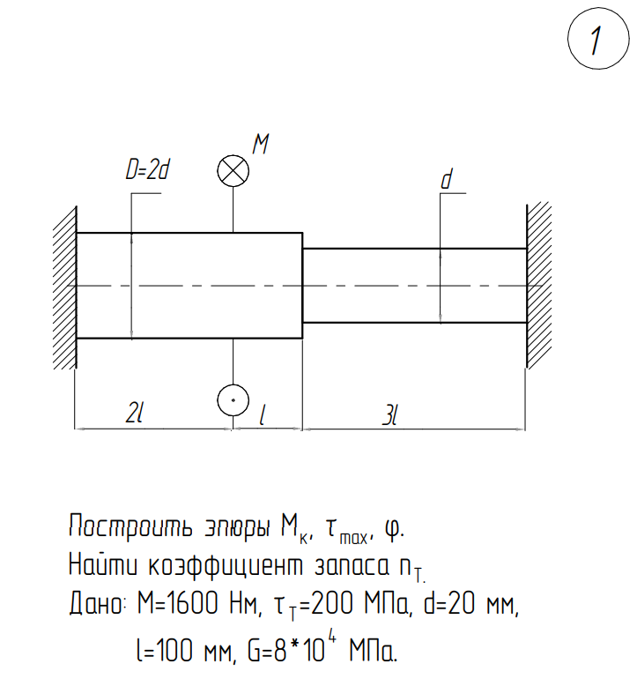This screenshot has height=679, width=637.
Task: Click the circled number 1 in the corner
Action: click(598, 39)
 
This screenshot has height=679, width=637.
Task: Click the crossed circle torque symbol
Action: click(233, 170)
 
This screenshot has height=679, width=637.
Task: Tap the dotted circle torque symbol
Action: click(233, 400)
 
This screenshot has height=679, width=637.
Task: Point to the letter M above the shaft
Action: click(261, 144)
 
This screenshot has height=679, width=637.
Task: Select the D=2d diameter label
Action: click(147, 169)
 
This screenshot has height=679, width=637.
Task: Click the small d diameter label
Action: click(447, 179)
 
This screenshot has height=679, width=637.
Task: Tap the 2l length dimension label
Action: click(134, 413)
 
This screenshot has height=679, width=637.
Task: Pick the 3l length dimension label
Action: click(390, 415)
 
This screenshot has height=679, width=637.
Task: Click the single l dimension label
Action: click(262, 414)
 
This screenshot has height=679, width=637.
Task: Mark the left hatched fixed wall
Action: click(65, 287)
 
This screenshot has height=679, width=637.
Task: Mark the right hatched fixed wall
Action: click(539, 286)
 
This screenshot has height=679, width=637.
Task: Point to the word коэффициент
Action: click(226, 565)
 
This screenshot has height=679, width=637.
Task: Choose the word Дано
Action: click(96, 604)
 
